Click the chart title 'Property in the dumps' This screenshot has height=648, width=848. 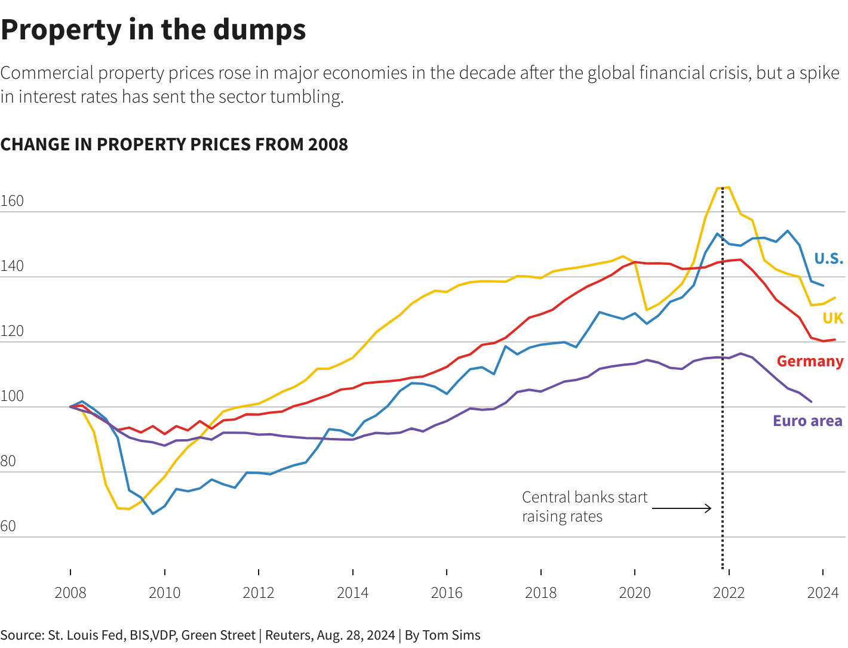coord(153,30)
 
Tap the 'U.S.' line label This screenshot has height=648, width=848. coord(828,258)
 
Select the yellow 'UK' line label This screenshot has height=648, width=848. coord(832,318)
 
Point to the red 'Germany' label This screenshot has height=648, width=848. coord(810,361)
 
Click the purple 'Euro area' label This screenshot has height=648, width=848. coord(807,421)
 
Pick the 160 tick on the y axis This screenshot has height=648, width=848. coord(12,201)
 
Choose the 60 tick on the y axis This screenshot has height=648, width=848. coord(8,526)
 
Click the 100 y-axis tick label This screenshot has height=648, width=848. coord(12,396)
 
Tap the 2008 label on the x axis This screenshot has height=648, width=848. coord(70,593)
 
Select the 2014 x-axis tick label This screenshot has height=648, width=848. coord(353,593)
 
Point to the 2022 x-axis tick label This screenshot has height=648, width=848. coord(729,593)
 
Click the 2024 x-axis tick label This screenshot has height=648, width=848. coord(823,593)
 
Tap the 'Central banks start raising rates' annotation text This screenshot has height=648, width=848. coord(584,507)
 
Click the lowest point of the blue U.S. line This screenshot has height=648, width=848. coord(153,513)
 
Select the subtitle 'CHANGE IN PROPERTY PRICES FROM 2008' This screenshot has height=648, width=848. coord(174,144)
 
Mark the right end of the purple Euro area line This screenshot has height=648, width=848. coord(811,402)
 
